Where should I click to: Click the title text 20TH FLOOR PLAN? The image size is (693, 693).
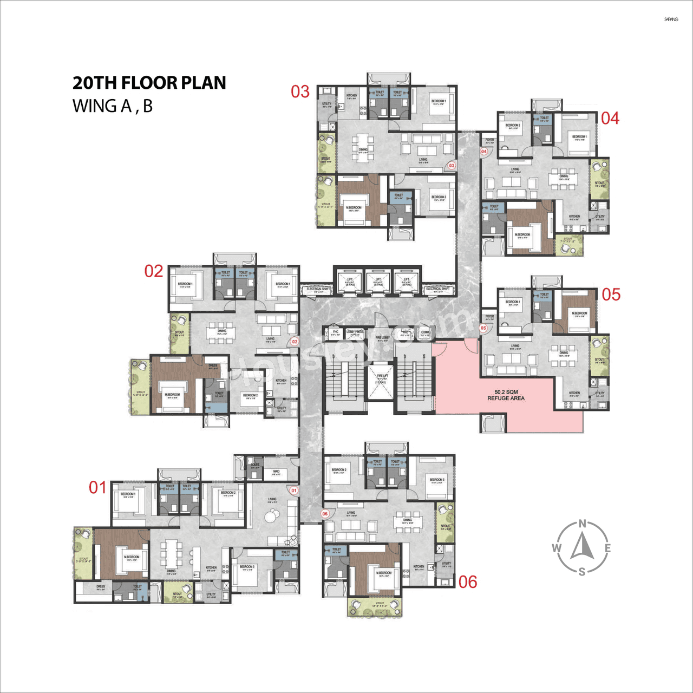[x=149, y=83]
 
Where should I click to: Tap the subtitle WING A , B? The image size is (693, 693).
[x=113, y=106]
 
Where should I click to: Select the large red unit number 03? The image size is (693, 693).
[x=300, y=91]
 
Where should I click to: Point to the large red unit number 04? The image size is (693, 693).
[x=610, y=118]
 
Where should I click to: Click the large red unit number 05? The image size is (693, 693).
[x=611, y=295]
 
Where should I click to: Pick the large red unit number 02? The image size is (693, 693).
[x=154, y=271]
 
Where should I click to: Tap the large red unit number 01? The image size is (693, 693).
[x=97, y=487]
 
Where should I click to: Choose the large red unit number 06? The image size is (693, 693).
[x=468, y=582]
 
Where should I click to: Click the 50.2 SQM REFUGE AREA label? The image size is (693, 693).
[x=506, y=395]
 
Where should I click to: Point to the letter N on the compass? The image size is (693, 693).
[x=582, y=524]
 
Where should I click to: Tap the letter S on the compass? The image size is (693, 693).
[x=582, y=572]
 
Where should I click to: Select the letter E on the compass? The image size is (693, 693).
[x=607, y=548]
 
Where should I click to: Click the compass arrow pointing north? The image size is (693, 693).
[x=582, y=546]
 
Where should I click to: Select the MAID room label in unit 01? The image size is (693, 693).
[x=276, y=472]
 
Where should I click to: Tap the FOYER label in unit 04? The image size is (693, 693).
[x=490, y=140]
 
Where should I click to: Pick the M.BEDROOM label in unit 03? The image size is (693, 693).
[x=355, y=208]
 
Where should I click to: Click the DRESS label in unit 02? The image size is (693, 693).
[x=213, y=365]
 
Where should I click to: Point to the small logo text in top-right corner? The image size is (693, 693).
[x=671, y=19]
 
